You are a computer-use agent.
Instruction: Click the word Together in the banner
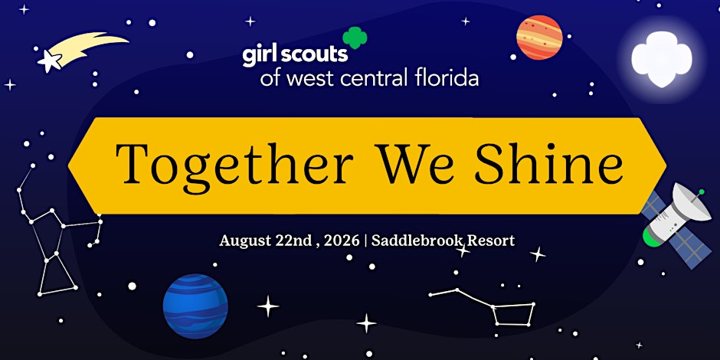coord(234,164)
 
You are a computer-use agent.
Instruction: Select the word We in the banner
coord(414,163)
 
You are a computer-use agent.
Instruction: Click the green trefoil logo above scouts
coord(355,38)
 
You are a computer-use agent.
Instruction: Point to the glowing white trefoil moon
coord(661,59)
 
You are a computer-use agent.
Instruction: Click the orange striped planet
coord(539,38)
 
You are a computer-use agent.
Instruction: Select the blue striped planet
coord(195,306)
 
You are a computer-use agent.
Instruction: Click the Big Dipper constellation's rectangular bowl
coord(513,314)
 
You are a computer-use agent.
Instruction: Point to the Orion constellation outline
coord(57,230)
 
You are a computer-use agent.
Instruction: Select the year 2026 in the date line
coord(341,241)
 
